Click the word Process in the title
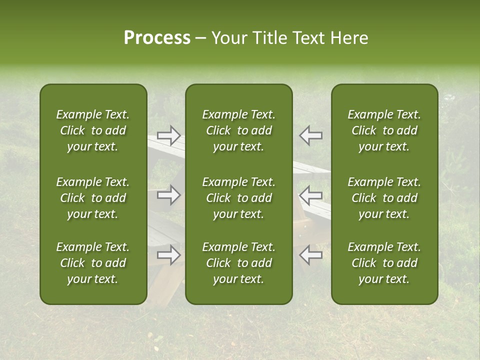pyautogui.click(x=157, y=38)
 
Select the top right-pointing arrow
pyautogui.click(x=168, y=135)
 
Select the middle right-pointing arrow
pyautogui.click(x=168, y=195)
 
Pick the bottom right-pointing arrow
pyautogui.click(x=168, y=255)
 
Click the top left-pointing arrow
pyautogui.click(x=310, y=135)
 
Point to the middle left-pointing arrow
pyautogui.click(x=310, y=195)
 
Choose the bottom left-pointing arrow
pyautogui.click(x=310, y=255)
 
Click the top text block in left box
pyautogui.click(x=93, y=130)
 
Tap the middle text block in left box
pyautogui.click(x=93, y=198)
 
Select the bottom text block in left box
pyautogui.click(x=93, y=263)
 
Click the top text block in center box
pyautogui.click(x=238, y=130)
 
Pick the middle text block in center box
pyautogui.click(x=238, y=198)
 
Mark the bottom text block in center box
pyautogui.click(x=238, y=263)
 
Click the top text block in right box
pyautogui.click(x=384, y=130)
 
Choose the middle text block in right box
pyautogui.click(x=384, y=198)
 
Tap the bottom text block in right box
pyautogui.click(x=384, y=263)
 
